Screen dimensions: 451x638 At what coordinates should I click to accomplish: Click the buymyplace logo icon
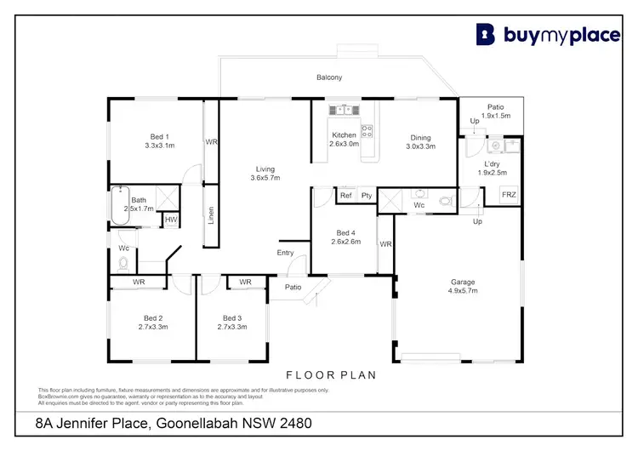[487, 34]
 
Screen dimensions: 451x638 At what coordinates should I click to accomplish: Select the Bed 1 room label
[159, 136]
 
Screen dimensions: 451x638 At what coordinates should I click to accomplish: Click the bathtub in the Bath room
[117, 205]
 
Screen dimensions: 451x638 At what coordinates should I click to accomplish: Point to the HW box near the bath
[171, 220]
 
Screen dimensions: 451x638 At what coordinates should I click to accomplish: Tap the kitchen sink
[345, 109]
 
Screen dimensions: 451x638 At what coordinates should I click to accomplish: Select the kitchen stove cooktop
[367, 131]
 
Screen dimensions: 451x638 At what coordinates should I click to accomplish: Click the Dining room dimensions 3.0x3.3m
[420, 146]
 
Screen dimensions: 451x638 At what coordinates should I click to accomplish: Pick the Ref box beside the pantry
[345, 196]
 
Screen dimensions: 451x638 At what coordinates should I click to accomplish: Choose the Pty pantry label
[367, 196]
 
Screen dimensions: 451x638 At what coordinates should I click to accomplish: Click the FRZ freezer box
[509, 196]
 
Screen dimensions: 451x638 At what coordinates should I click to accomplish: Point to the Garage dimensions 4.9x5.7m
[463, 291]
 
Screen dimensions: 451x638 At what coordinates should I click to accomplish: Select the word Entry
[285, 253]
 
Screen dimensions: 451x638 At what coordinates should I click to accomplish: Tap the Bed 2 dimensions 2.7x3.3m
[153, 326]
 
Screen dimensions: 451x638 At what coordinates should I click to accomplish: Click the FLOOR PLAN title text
[330, 374]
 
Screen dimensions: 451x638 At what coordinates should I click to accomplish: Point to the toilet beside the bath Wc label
[124, 263]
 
